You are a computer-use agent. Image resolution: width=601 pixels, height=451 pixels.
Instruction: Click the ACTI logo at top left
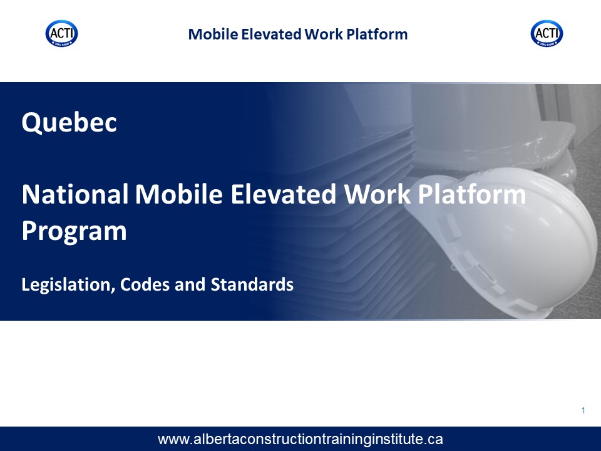[62, 33]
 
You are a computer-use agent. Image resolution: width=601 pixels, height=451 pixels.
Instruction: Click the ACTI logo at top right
[547, 33]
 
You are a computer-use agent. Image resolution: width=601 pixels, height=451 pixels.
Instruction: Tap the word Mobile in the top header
[213, 34]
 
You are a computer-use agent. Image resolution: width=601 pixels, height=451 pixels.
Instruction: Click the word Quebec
[69, 122]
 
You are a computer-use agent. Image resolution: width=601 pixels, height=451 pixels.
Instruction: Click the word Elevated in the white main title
[284, 194]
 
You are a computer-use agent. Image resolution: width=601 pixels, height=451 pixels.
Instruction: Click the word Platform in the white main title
[472, 194]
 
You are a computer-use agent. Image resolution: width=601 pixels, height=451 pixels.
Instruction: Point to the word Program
[74, 232]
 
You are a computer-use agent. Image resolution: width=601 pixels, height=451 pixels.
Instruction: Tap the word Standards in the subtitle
[252, 284]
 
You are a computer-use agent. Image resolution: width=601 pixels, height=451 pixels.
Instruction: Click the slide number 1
[583, 411]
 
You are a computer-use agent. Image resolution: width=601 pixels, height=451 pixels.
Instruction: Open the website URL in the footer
[300, 440]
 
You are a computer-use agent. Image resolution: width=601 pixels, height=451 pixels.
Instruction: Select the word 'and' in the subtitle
[190, 284]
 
